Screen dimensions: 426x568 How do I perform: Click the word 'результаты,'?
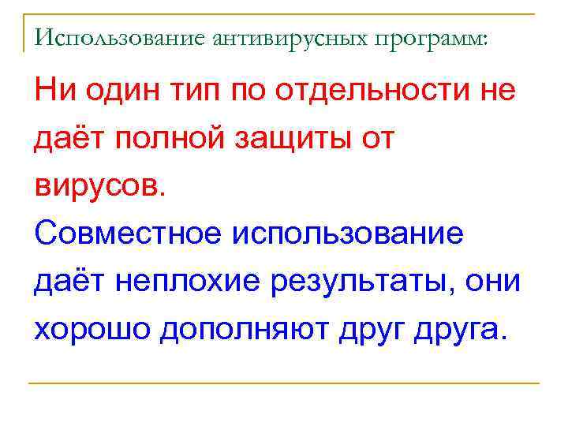click(376, 282)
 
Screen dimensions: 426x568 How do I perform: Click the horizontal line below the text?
click(284, 383)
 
